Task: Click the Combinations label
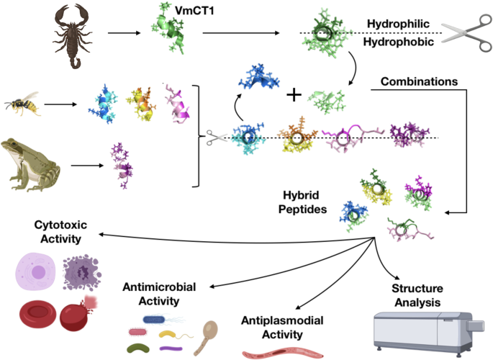[417, 82]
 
